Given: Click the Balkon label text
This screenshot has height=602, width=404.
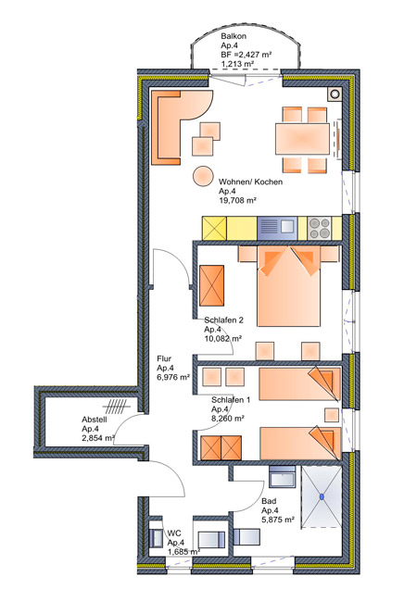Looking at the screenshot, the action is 234,36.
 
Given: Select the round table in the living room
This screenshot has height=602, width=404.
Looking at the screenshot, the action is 203,176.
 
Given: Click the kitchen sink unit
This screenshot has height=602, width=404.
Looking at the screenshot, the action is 277,228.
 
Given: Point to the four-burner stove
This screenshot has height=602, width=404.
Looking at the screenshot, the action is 320,228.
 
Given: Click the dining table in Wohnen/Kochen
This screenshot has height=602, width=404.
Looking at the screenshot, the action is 302,139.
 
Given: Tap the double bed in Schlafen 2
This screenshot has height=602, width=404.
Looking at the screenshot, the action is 288,286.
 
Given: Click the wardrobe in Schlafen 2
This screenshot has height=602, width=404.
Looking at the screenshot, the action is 211,285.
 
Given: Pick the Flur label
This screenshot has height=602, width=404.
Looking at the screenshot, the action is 164,358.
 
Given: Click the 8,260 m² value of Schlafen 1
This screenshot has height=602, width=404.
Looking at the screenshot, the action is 228,419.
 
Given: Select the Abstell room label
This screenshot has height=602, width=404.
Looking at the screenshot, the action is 95,420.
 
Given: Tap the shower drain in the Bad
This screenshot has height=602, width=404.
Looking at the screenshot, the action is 322,496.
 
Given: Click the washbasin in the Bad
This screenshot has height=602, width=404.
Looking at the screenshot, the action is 283,476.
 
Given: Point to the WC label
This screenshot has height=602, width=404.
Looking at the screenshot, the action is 174,533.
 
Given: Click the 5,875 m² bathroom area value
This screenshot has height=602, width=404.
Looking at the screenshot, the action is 278,520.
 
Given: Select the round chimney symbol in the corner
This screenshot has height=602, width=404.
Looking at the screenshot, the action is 335,94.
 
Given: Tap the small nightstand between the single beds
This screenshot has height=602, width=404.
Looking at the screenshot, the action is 332,415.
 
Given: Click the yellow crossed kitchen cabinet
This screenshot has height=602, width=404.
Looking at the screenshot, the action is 215,229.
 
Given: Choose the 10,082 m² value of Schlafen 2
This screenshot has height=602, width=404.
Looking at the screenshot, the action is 222,339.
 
